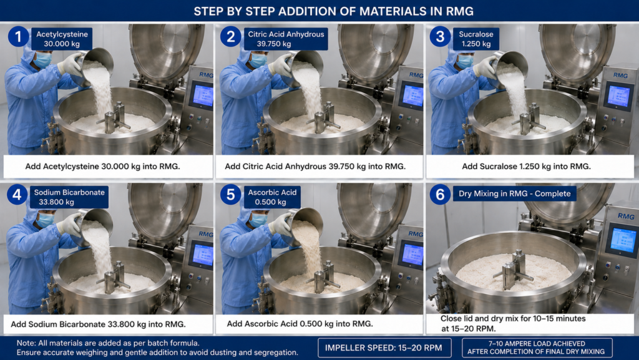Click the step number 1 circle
coord(18,37)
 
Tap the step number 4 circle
coord(17,195)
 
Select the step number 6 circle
coord(440,194)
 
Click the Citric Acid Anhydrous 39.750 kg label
coord(286,39)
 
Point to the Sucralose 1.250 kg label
coord(476,39)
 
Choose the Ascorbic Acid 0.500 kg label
coord(272,197)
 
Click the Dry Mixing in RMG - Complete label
coord(514,193)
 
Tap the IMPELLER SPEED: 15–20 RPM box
coord(384,348)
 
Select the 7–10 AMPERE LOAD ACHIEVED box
coord(537,348)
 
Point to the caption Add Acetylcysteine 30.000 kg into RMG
coord(103,166)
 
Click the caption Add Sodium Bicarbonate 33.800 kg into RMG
coord(98,324)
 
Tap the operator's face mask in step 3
coord(464,62)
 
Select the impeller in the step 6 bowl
coord(514,270)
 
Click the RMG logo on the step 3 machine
coord(620,75)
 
